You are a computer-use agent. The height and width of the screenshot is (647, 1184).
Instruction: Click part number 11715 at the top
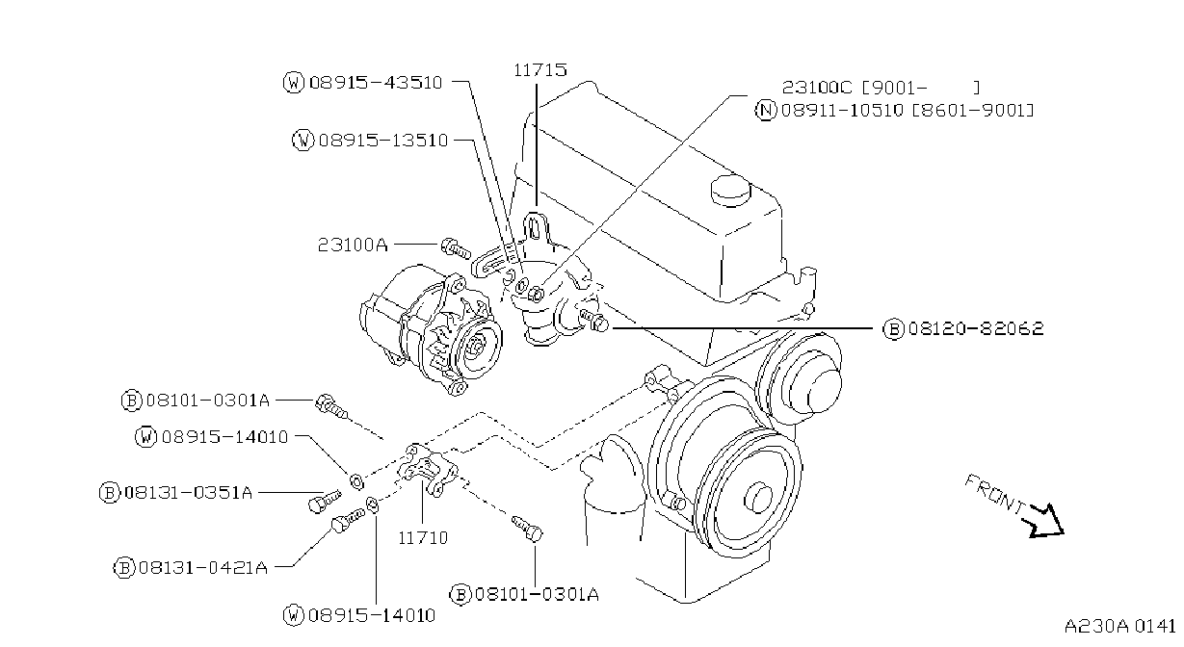[540, 70]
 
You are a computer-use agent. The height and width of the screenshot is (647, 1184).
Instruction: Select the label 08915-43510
[376, 83]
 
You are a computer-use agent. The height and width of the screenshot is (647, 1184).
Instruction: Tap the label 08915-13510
[383, 141]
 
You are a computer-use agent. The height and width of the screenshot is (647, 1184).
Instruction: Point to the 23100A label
[353, 246]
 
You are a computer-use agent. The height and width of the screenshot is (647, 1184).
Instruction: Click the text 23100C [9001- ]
[881, 88]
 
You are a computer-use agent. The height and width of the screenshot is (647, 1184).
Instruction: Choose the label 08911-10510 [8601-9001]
[908, 111]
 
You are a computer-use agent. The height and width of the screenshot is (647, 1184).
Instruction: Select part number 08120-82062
[976, 329]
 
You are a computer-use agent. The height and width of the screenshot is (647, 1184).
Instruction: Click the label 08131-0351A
[188, 493]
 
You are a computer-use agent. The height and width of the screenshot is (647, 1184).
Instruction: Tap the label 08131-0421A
[203, 568]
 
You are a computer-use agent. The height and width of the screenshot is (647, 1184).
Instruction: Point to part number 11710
[423, 538]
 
